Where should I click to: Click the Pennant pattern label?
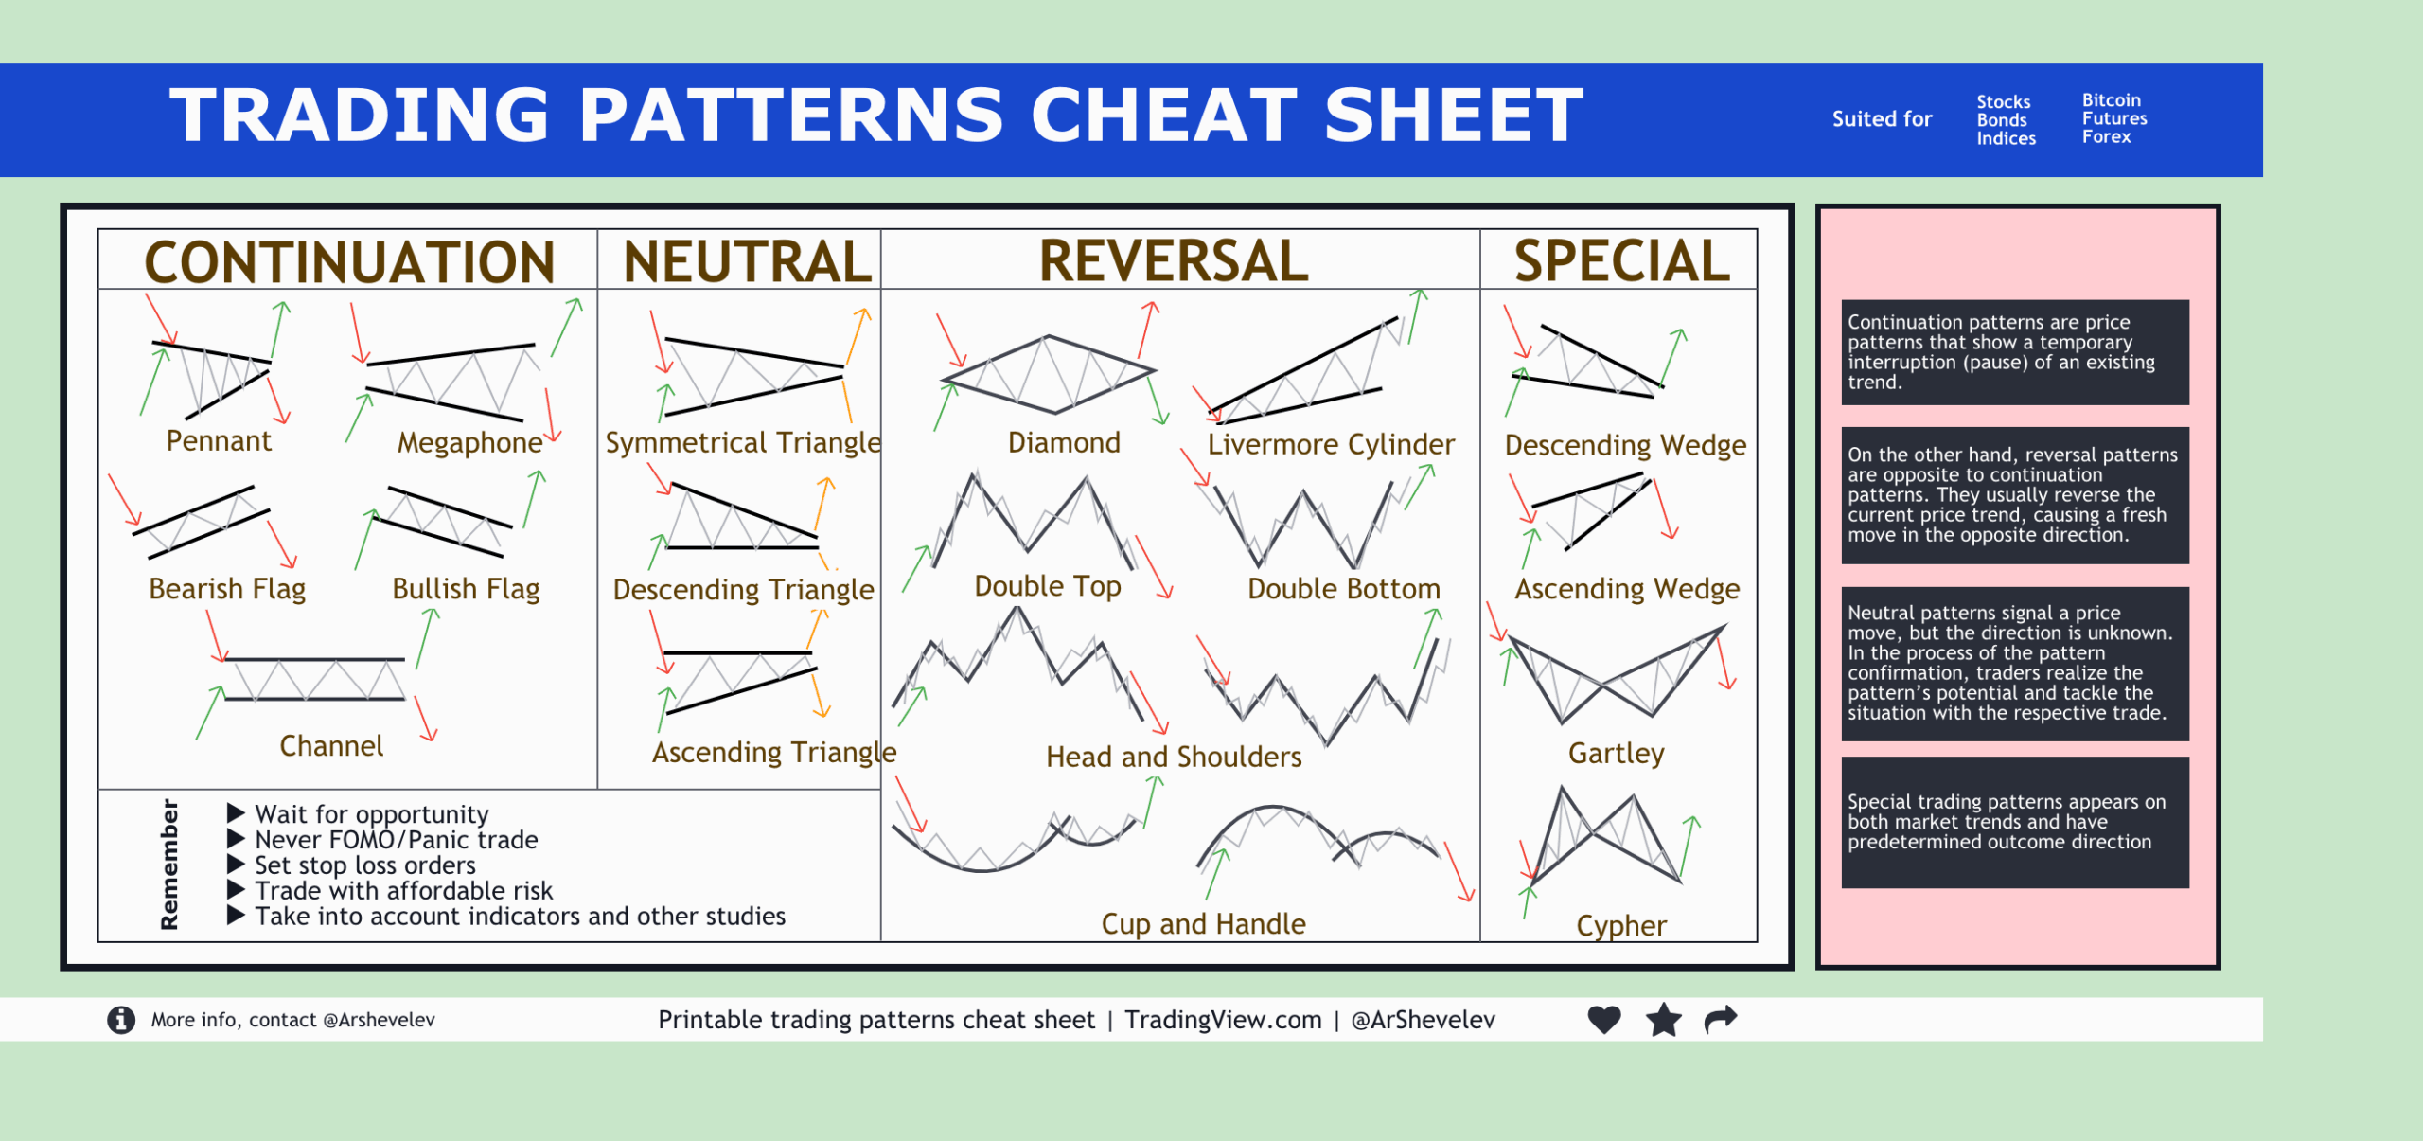[219, 441]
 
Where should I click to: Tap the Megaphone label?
[469, 443]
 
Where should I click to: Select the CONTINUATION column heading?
[349, 262]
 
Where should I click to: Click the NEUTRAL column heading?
[747, 262]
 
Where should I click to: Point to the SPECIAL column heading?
[1621, 261]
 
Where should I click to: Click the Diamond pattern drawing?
[1049, 375]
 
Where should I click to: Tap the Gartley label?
[1616, 754]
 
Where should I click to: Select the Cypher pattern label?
[1620, 925]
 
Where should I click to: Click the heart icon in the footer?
[1604, 1020]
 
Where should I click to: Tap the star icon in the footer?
[1663, 1020]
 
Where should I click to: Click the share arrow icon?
[1721, 1019]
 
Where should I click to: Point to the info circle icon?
[121, 1020]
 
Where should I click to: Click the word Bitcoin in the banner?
[2111, 100]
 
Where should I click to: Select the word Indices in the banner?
[2006, 138]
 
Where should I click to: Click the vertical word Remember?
[169, 864]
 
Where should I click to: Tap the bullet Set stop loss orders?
[364, 865]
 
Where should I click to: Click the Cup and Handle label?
[1203, 924]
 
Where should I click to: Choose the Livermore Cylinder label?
[1331, 444]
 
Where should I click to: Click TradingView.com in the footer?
[1223, 1020]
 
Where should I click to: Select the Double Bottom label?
[1343, 589]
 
